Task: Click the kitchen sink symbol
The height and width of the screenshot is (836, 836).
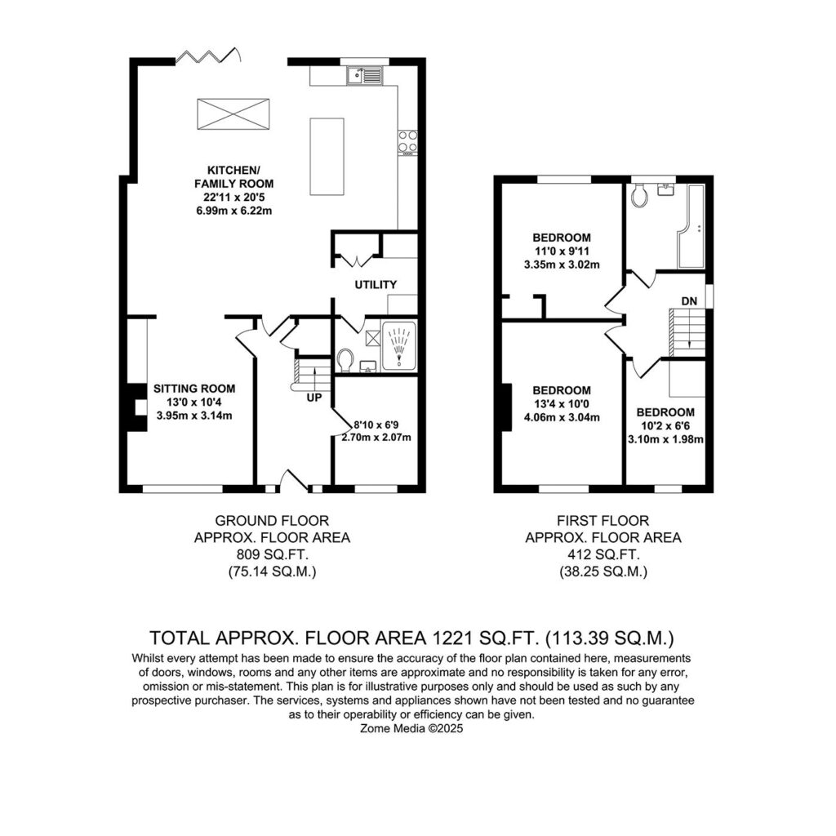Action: pos(364,76)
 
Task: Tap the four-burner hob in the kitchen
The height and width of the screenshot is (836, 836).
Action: pos(408,143)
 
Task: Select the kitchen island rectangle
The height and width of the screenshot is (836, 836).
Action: pos(327,156)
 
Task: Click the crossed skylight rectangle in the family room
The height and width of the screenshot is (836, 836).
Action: pos(233,113)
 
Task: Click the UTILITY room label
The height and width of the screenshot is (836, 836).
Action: pos(376,285)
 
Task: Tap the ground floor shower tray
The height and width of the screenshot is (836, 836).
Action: pos(398,345)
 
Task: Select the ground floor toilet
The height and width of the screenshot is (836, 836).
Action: pos(345,360)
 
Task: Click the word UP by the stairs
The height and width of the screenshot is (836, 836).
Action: pos(314,398)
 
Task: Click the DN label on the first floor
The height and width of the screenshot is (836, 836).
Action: pos(689,301)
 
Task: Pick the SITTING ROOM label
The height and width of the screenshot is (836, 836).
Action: pos(194,389)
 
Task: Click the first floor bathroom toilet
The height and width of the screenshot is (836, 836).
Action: pos(638,196)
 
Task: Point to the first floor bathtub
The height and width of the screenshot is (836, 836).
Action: pos(691,227)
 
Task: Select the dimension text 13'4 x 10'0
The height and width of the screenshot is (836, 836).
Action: pos(562,404)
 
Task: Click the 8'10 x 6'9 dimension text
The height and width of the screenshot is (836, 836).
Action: pos(376,425)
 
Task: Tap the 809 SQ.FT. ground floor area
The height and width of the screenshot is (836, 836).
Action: pos(272,554)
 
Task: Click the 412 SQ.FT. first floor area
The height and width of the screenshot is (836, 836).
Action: pos(603,554)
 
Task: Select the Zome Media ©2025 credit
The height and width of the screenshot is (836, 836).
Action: pos(411,728)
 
